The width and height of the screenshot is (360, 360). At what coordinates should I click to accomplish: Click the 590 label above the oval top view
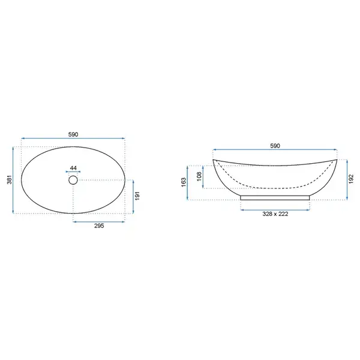[73, 134]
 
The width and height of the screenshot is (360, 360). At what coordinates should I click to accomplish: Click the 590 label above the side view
[275, 146]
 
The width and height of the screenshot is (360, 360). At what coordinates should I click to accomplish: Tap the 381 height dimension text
[10, 180]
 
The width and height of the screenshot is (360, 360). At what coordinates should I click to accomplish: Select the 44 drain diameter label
[73, 168]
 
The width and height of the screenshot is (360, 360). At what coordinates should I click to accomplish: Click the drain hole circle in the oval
[73, 180]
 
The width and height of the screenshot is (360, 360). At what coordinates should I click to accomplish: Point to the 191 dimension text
[137, 196]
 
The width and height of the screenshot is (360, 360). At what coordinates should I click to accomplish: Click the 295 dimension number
[99, 226]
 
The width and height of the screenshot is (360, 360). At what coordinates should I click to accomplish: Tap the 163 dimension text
[184, 182]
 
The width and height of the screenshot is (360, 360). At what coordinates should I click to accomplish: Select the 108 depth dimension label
[199, 176]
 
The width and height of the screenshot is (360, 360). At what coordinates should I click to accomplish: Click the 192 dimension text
[351, 179]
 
